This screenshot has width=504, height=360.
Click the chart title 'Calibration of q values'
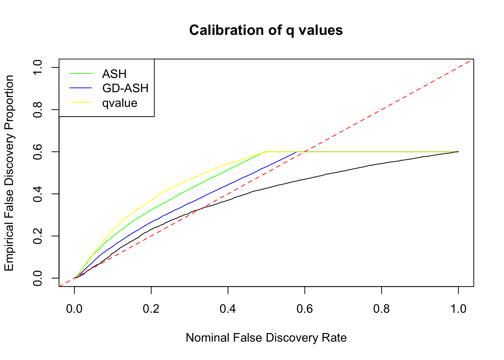pyautogui.click(x=266, y=30)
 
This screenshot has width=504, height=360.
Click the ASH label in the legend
pyautogui.click(x=114, y=74)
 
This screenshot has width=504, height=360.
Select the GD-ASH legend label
pyautogui.click(x=125, y=88)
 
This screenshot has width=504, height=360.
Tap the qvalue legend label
pyautogui.click(x=120, y=103)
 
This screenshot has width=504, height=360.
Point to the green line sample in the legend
pyautogui.click(x=81, y=73)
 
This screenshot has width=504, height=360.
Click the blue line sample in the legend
pyautogui.click(x=81, y=88)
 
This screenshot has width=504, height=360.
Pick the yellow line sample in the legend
pyautogui.click(x=81, y=102)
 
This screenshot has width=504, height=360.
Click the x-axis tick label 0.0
pyautogui.click(x=74, y=309)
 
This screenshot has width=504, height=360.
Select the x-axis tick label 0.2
pyautogui.click(x=151, y=309)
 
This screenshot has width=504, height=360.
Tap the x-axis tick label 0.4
pyautogui.click(x=228, y=309)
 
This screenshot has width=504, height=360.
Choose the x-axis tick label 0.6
pyautogui.click(x=305, y=309)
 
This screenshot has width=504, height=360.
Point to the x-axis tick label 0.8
pyautogui.click(x=381, y=309)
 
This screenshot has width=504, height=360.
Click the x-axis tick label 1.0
pyautogui.click(x=458, y=309)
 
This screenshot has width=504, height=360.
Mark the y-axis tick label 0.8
pyautogui.click(x=38, y=109)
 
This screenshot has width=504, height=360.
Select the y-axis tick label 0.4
pyautogui.click(x=38, y=194)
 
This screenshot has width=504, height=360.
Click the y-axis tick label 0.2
pyautogui.click(x=38, y=236)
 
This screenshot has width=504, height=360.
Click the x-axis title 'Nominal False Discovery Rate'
pyautogui.click(x=266, y=338)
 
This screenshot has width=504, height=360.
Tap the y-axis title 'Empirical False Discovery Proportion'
pyautogui.click(x=9, y=173)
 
